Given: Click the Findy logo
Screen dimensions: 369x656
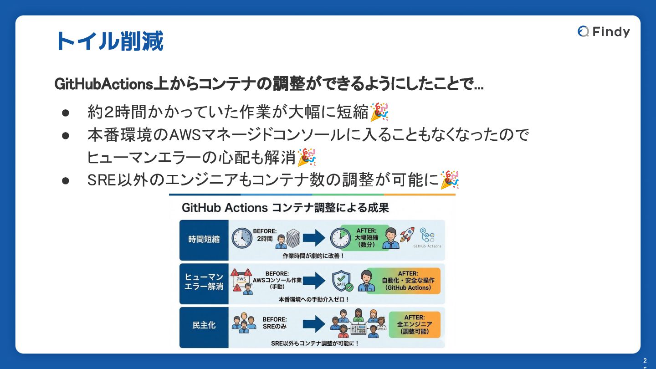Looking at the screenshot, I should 604,31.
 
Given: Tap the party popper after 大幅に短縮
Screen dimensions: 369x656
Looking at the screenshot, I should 379,112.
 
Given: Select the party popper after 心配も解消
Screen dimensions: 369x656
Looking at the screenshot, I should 307,157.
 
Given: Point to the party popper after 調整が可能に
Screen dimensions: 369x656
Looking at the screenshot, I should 450,180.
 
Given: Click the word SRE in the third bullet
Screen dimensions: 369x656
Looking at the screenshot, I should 102,180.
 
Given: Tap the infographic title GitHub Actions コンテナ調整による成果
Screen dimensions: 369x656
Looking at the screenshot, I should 285,208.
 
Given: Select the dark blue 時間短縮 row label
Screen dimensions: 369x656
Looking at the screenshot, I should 204,239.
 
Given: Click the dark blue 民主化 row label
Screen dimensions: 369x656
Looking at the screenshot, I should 204,325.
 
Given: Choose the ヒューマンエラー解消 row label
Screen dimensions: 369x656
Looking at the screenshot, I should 204,282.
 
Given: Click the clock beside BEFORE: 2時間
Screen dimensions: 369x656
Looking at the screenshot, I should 241,238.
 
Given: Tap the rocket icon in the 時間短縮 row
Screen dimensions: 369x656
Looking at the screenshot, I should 406,234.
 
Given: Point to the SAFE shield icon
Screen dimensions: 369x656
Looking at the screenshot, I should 342,281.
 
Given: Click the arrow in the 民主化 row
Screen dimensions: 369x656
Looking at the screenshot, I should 314,324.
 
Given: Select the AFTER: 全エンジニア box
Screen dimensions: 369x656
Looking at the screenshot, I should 415,324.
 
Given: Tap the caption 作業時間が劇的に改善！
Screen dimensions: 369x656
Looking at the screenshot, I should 313,256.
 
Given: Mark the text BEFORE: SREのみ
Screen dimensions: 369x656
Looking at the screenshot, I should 275,323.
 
